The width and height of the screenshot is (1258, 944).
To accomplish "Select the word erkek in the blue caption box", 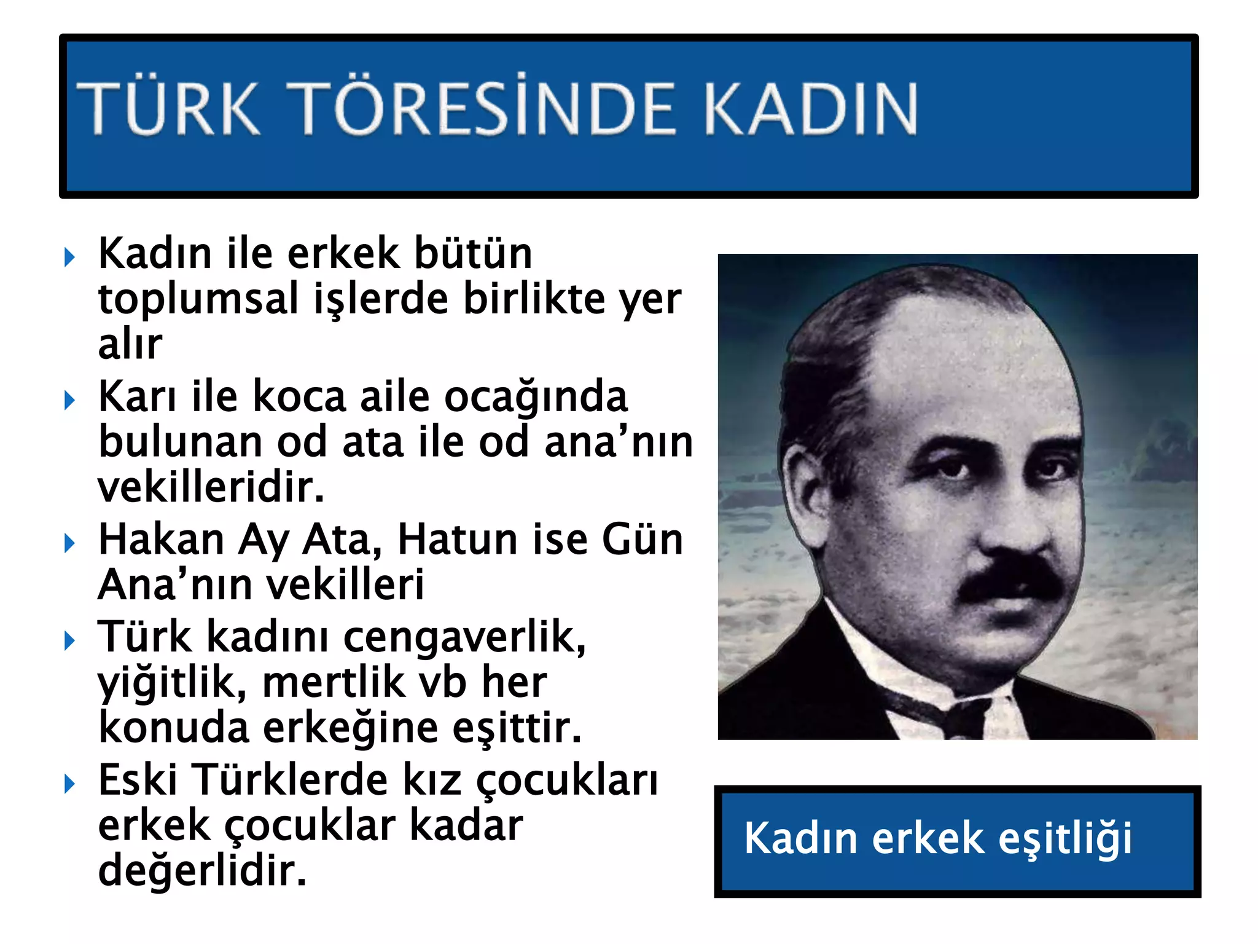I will tap(928, 838).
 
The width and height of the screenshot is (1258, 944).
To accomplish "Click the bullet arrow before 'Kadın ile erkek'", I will tap(69, 257).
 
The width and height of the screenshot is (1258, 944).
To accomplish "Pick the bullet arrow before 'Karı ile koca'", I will tap(69, 400).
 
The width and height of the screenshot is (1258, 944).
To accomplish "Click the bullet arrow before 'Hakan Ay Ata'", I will tap(69, 543).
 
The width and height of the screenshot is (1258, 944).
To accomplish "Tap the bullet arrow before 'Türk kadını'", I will tap(69, 640).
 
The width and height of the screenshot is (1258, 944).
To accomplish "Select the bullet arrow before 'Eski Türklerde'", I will tap(69, 784).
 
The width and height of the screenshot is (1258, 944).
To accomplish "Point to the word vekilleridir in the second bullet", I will tap(211, 487).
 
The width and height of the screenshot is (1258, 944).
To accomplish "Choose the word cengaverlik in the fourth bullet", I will tap(464, 638).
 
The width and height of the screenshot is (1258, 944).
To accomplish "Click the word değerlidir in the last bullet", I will tap(202, 871).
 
